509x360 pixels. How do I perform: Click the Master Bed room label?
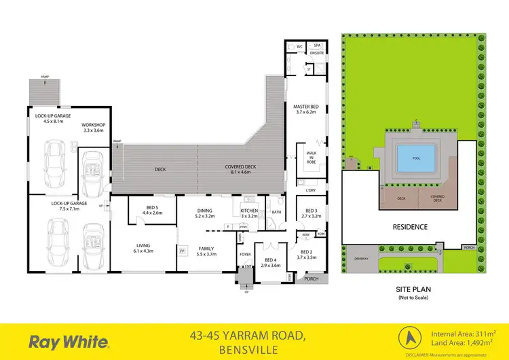[306, 107]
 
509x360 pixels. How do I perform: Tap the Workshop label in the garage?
[92, 126]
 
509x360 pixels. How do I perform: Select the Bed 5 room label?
[152, 208]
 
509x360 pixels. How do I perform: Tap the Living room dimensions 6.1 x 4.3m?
[143, 251]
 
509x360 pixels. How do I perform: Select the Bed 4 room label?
[271, 260]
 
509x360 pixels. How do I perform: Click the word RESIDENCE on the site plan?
[409, 227]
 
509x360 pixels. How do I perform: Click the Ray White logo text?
[62, 340]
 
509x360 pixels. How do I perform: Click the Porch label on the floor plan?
[312, 279]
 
